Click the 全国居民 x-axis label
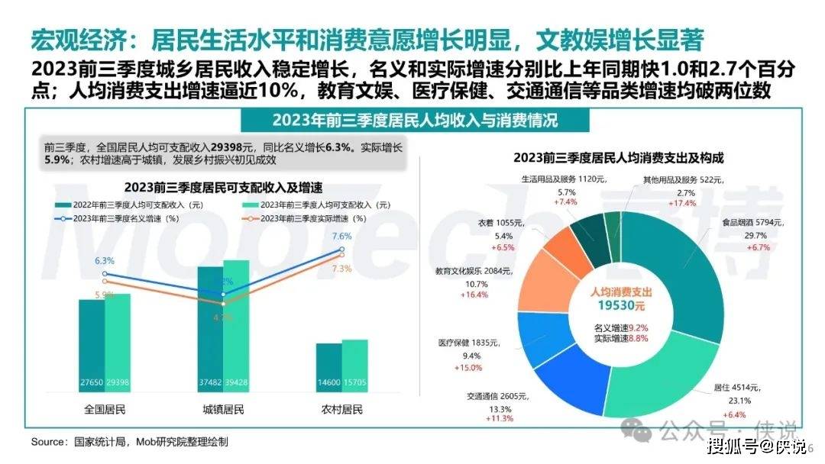point(105,410)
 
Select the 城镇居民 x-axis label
point(223,410)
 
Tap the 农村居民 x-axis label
point(342,410)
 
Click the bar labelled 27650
point(92,343)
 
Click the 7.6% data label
point(342,237)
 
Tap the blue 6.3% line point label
point(105,261)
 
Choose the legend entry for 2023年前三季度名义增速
point(115,218)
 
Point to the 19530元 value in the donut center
point(621,305)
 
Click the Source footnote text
point(130,442)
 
